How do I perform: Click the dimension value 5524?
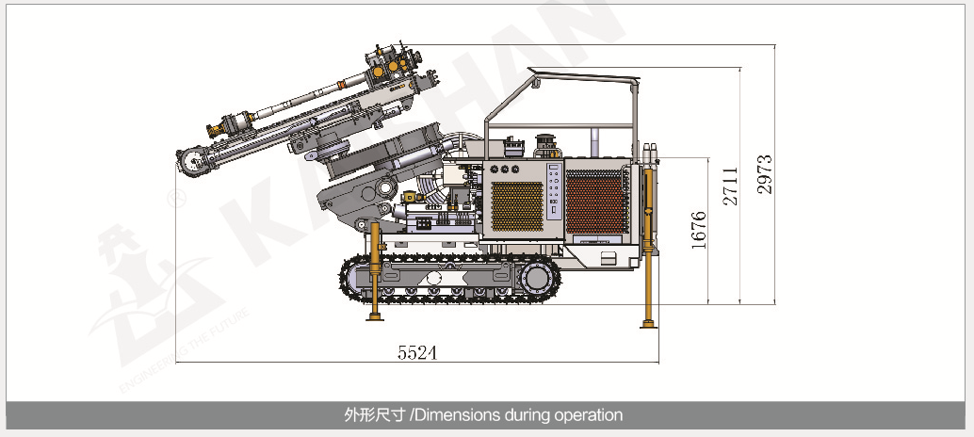pyautogui.click(x=417, y=352)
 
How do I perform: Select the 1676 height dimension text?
pyautogui.click(x=699, y=231)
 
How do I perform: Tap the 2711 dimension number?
pyautogui.click(x=731, y=186)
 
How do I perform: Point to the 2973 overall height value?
pyautogui.click(x=765, y=174)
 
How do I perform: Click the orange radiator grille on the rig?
pyautogui.click(x=597, y=202)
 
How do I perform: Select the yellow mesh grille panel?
pyautogui.click(x=517, y=206)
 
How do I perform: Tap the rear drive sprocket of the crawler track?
pyautogui.click(x=536, y=278)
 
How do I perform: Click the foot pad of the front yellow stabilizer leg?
pyautogui.click(x=375, y=317)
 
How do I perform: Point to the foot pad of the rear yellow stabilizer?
pyautogui.click(x=648, y=323)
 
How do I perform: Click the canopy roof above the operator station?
pyautogui.click(x=584, y=75)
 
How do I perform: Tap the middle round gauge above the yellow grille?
pyautogui.click(x=504, y=169)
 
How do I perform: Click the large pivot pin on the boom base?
pyautogui.click(x=385, y=186)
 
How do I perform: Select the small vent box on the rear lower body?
pyautogui.click(x=609, y=258)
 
